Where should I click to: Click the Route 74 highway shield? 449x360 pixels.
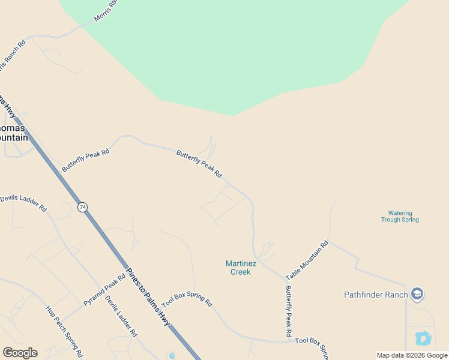[82, 206]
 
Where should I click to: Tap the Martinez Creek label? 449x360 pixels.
[241, 268]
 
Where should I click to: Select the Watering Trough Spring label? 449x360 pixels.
[400, 216]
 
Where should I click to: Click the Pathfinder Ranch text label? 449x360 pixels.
[376, 295]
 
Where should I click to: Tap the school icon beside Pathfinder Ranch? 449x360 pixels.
[417, 294]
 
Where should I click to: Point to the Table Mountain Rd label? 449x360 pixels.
[307, 260]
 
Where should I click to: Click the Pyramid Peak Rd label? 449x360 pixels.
[104, 288]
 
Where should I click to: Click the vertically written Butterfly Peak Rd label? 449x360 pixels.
[288, 310]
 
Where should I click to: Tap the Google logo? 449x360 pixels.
[20, 353]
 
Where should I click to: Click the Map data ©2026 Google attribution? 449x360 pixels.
[412, 355]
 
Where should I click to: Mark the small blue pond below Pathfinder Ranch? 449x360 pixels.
[423, 338]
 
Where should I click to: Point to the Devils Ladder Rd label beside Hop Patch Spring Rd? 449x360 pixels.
[121, 316]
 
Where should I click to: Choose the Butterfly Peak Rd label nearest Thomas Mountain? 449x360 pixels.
[86, 160]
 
